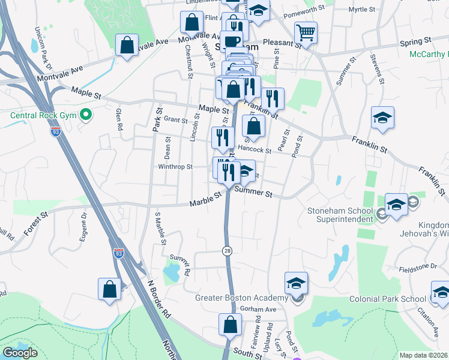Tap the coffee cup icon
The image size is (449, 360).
point(232,41)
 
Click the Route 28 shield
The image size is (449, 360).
point(227,250)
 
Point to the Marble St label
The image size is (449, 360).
point(206,203)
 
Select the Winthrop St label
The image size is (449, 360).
point(175,167)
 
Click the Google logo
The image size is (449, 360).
point(20,353)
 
